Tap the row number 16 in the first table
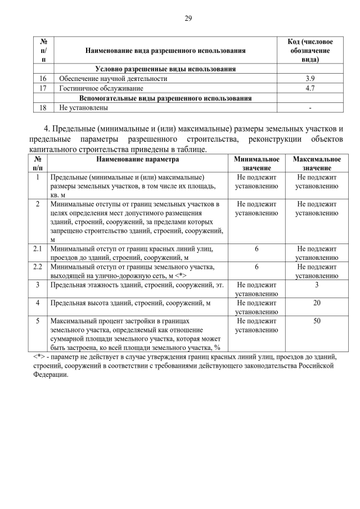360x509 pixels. [x=43, y=79]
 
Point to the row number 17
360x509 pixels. [x=43, y=88]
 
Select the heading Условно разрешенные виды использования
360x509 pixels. [x=165, y=69]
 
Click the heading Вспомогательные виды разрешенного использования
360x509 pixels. [x=165, y=98]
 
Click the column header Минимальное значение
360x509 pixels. [x=256, y=164]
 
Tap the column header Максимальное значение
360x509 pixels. [x=317, y=164]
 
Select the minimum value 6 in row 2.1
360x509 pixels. [x=256, y=249]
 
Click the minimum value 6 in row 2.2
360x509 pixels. [x=256, y=267]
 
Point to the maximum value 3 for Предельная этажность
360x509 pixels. [x=317, y=285]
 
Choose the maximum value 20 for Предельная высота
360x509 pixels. [x=317, y=303]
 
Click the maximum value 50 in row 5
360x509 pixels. [x=317, y=321]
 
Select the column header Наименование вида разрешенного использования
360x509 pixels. [x=165, y=51]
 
